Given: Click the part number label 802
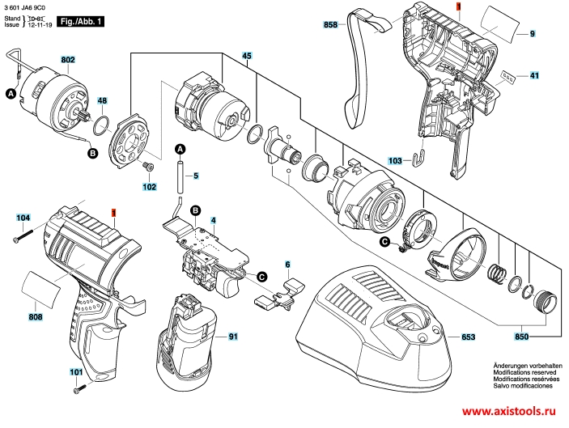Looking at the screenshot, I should click(x=67, y=60).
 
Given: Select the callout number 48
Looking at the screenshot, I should click(x=102, y=101).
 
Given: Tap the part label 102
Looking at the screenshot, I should click(x=150, y=188).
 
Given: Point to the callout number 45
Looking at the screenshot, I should click(x=247, y=55).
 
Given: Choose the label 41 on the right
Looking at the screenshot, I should click(x=534, y=76).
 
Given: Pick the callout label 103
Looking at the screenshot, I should click(x=395, y=161).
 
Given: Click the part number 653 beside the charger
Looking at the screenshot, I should click(x=468, y=336).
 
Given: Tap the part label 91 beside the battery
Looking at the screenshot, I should click(x=233, y=336).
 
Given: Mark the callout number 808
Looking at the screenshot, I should click(x=36, y=316).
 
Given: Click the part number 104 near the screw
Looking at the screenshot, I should click(x=23, y=218).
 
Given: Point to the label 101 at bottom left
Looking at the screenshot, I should click(x=76, y=373).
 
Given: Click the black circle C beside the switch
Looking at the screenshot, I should click(x=262, y=276).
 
